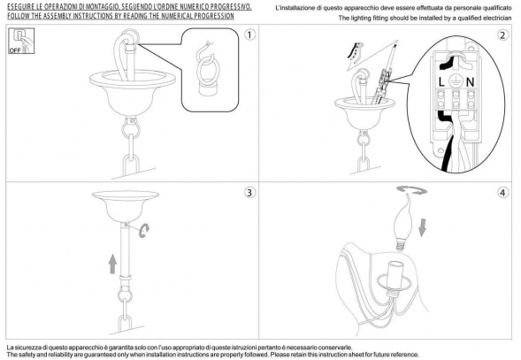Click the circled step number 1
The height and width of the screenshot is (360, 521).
[x=249, y=34]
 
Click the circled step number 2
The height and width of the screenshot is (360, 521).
[x=502, y=35]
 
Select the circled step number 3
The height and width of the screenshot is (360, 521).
[x=249, y=193]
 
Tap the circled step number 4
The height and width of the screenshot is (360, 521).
[x=502, y=193]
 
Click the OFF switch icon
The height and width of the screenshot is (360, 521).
[x=21, y=41]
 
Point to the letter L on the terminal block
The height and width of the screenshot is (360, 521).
[x=441, y=81]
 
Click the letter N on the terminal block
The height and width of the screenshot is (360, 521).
[x=470, y=81]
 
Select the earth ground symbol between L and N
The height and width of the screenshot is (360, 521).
[x=455, y=80]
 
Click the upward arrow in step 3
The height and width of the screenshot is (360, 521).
[x=113, y=264]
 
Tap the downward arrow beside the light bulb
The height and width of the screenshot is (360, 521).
[x=422, y=227]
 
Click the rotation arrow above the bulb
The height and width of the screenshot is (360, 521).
[x=411, y=190]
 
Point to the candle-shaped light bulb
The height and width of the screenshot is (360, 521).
[x=403, y=223]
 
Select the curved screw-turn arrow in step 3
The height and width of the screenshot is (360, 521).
[x=144, y=230]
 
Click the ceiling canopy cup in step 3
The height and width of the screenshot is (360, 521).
[x=126, y=206]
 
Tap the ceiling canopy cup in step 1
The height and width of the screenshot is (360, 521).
[x=133, y=92]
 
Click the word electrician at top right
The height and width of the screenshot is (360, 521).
[x=495, y=18]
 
